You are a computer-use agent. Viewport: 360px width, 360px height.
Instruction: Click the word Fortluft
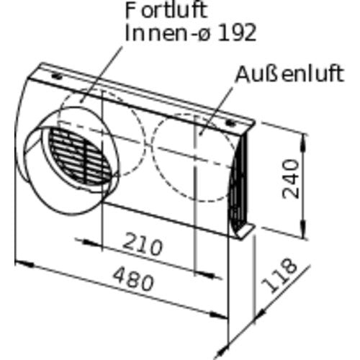pyautogui.click(x=166, y=11)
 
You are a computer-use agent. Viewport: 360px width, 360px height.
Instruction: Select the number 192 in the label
pyautogui.click(x=237, y=33)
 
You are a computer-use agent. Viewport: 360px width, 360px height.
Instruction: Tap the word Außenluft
pyautogui.click(x=290, y=74)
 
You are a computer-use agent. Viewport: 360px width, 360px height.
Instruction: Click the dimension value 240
pyautogui.click(x=291, y=179)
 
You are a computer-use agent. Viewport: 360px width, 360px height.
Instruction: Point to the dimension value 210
pyautogui.click(x=143, y=243)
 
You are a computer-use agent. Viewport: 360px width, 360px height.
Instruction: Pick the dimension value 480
pyautogui.click(x=133, y=279)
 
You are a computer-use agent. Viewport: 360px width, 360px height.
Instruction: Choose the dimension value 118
pyautogui.click(x=279, y=276)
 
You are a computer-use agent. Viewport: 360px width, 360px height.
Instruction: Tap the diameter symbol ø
pyautogui.click(x=204, y=35)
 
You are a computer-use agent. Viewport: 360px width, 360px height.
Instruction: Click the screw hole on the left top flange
pyautogui.click(x=57, y=76)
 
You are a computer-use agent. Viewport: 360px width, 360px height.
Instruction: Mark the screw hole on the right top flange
pyautogui.click(x=230, y=123)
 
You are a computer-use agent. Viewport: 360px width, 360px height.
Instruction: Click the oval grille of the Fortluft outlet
pyautogui.click(x=81, y=157)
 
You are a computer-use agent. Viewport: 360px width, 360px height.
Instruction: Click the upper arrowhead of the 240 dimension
pyautogui.click(x=304, y=143)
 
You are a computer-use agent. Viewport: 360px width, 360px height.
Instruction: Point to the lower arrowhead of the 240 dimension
pyautogui.click(x=304, y=228)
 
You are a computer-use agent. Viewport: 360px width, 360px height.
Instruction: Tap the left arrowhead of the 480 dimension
pyautogui.click(x=24, y=264)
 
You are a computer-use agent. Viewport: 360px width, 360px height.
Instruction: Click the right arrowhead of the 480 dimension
pyautogui.click(x=218, y=315)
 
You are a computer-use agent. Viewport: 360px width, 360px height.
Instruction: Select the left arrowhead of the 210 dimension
pyautogui.click(x=92, y=243)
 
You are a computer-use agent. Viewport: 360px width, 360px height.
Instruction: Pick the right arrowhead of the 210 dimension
pyautogui.click(x=204, y=274)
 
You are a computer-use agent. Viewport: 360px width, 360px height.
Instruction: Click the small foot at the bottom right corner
pyautogui.click(x=245, y=232)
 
